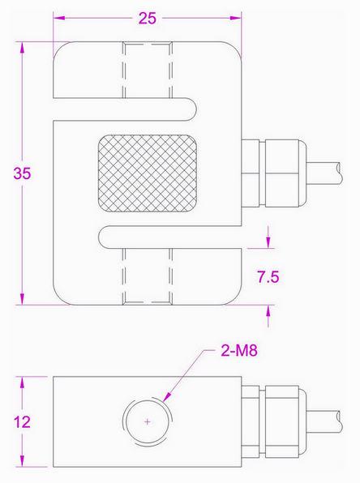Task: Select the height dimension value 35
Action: pyautogui.click(x=24, y=173)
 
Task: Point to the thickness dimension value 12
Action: pyautogui.click(x=24, y=422)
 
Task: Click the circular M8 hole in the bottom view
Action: pyautogui.click(x=147, y=422)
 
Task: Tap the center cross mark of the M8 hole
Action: pyautogui.click(x=147, y=422)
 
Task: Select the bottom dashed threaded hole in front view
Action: pyautogui.click(x=148, y=276)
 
